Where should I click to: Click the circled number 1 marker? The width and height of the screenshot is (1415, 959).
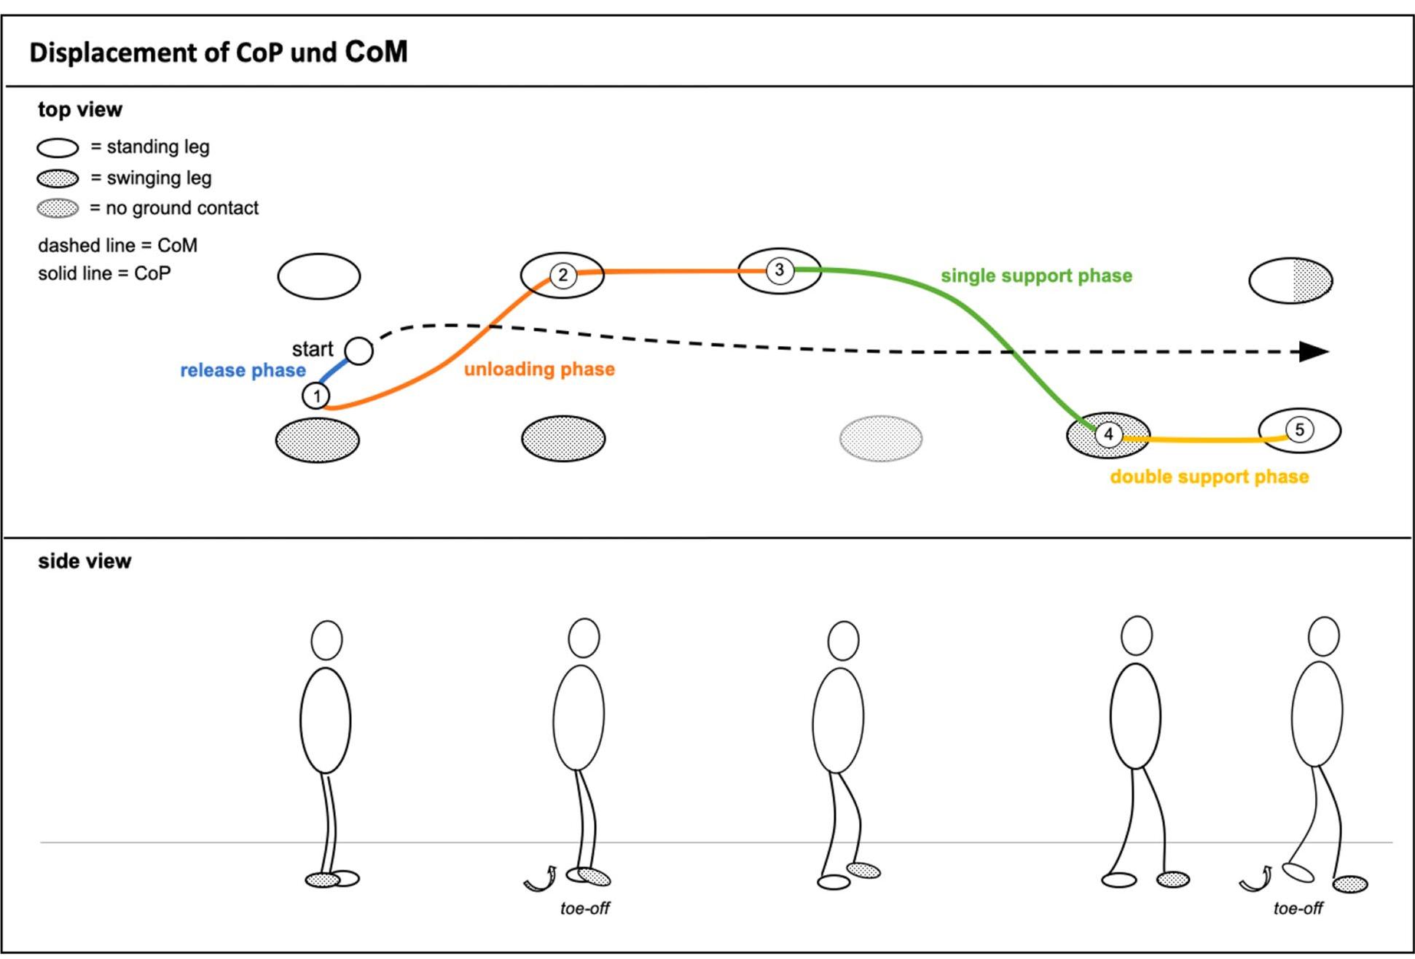[316, 396]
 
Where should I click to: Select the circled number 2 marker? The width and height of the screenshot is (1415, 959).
[563, 275]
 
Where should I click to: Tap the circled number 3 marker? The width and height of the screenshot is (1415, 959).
[779, 270]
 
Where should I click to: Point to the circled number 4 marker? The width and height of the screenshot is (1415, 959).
[1108, 435]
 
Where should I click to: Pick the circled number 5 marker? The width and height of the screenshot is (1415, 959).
[1299, 430]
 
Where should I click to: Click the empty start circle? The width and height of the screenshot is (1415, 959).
[358, 351]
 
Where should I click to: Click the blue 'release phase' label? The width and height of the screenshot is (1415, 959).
[243, 370]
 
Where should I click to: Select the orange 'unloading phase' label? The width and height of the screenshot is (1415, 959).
[539, 369]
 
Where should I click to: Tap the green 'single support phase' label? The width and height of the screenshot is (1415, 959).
[1036, 275]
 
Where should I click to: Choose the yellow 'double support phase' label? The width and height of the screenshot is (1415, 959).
[1209, 477]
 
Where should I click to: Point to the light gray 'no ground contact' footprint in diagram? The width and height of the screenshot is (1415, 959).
[881, 439]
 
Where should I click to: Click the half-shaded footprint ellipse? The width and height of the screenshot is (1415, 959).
[1290, 280]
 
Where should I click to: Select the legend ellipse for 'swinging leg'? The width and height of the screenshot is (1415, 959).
[58, 179]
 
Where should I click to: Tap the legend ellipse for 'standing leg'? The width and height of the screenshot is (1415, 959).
[58, 148]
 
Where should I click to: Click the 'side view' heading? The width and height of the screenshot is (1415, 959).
[85, 561]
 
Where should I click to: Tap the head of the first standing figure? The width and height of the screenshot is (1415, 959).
[326, 640]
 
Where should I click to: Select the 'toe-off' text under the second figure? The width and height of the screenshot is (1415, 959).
[584, 908]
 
